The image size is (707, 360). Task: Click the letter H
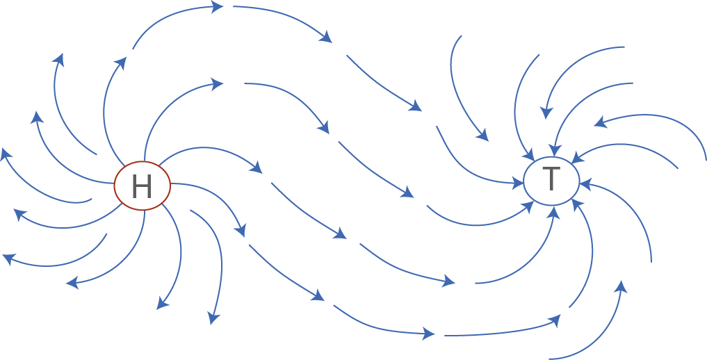click(142, 186)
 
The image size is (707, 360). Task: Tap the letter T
click(551, 179)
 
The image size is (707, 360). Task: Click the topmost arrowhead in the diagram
click(218, 6)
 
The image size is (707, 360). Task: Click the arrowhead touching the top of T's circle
click(553, 151)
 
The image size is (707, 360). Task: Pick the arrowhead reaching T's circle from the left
click(519, 183)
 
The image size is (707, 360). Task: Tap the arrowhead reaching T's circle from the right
click(585, 183)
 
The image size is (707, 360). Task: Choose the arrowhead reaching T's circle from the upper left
click(528, 156)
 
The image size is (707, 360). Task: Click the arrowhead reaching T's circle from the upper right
click(577, 157)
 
